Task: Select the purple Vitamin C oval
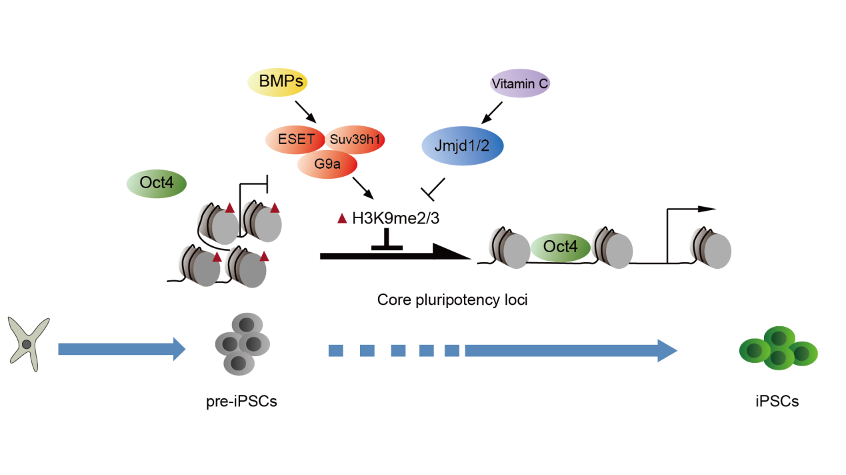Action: tap(520, 84)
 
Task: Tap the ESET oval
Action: tap(292, 140)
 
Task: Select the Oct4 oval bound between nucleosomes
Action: tap(560, 246)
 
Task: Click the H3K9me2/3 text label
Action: tap(395, 217)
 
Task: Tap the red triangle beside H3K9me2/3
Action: tap(342, 218)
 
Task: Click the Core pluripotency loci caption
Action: tap(452, 300)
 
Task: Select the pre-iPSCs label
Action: tap(242, 402)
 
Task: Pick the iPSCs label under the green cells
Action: tap(777, 402)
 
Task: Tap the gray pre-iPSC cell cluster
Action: tap(243, 344)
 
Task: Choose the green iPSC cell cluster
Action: tap(779, 348)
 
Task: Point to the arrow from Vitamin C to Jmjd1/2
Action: tap(495, 111)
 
